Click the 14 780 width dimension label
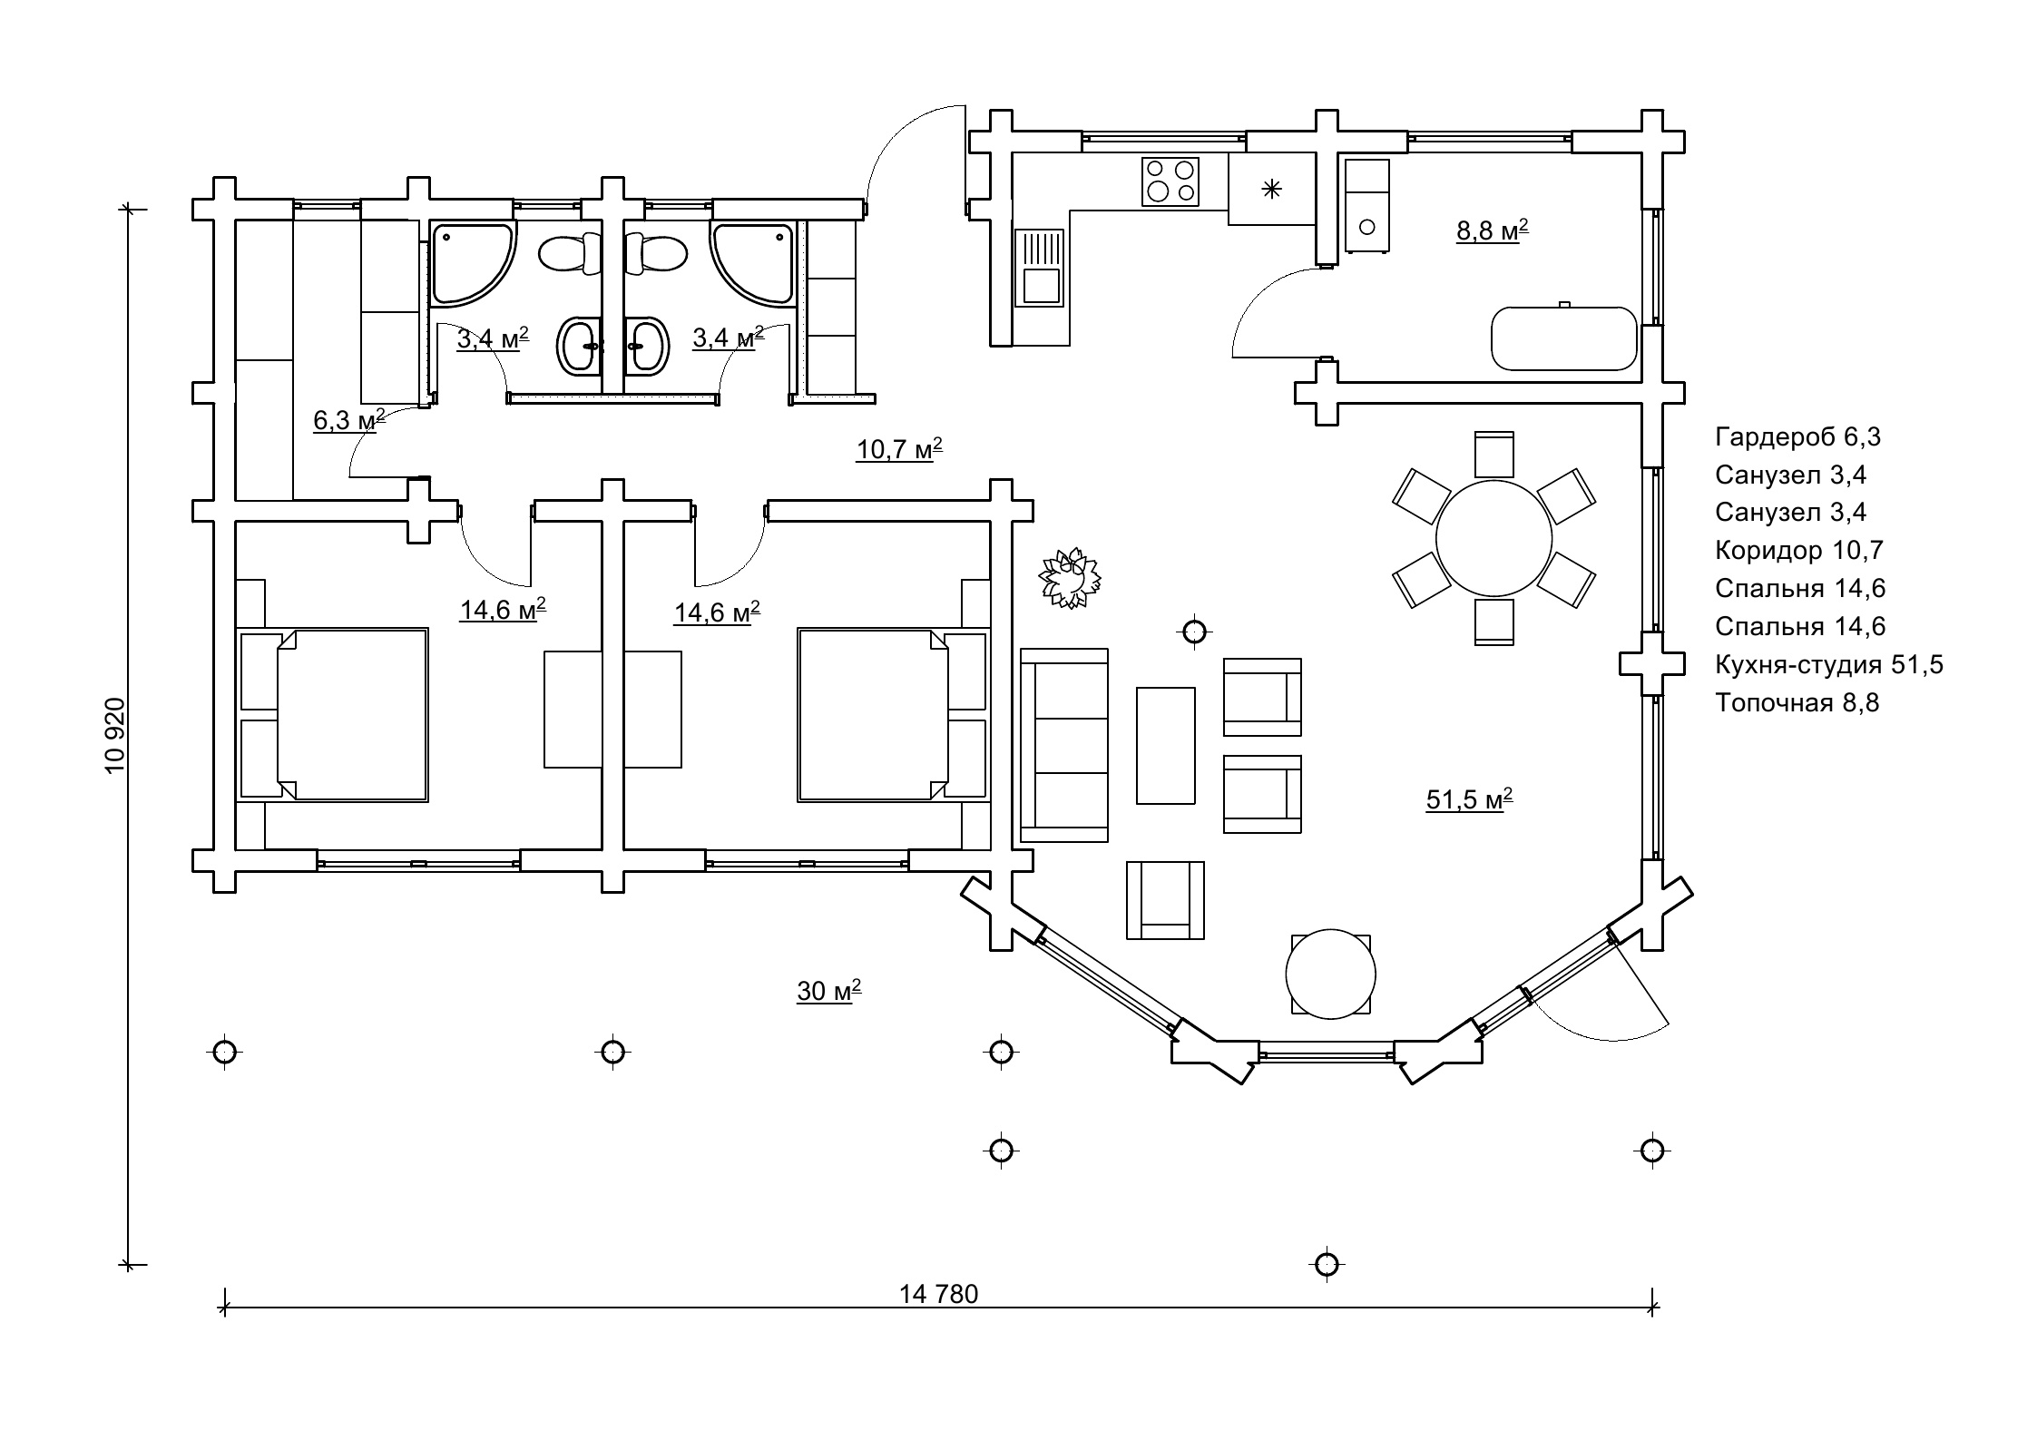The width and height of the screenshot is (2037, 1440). [x=938, y=1294]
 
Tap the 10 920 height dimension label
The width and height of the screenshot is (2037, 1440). [x=115, y=735]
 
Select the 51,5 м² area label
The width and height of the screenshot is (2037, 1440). [x=1469, y=799]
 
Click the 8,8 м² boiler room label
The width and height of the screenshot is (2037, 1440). [x=1492, y=230]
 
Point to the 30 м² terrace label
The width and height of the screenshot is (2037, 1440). [x=828, y=991]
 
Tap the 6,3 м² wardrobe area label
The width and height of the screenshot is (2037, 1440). [x=348, y=420]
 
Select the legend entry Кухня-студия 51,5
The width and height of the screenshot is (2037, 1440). [x=1828, y=664]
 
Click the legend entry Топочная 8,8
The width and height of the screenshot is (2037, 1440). [x=1797, y=702]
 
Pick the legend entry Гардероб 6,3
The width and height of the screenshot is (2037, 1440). [x=1797, y=437]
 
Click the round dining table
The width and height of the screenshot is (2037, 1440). [x=1493, y=538]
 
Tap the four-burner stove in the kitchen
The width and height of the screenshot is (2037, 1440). [x=1170, y=181]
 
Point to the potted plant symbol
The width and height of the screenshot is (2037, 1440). [x=1071, y=578]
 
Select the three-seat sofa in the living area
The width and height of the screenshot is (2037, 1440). [x=1064, y=745]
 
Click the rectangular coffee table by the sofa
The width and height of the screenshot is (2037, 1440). [x=1165, y=745]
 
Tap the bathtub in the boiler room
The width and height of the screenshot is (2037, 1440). [x=1563, y=338]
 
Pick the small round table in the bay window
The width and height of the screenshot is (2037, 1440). [x=1330, y=974]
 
